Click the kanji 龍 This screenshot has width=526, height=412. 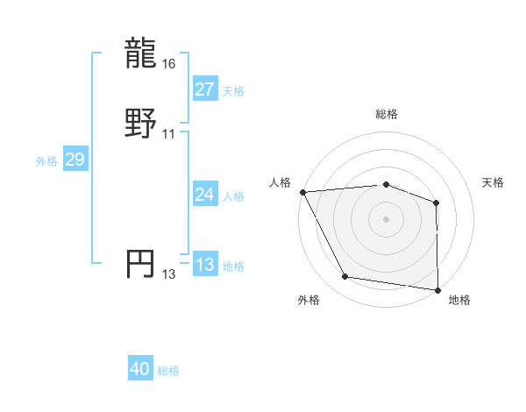pyautogui.click(x=141, y=54)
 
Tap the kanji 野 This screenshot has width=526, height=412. pyautogui.click(x=141, y=124)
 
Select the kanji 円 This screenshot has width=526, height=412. pyautogui.click(x=141, y=264)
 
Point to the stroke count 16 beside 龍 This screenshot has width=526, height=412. pyautogui.click(x=169, y=64)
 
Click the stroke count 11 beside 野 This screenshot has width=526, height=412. pyautogui.click(x=169, y=133)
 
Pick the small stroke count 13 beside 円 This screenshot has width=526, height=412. pyautogui.click(x=169, y=273)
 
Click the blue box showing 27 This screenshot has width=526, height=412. pyautogui.click(x=204, y=89)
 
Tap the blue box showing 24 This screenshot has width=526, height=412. pyautogui.click(x=204, y=195)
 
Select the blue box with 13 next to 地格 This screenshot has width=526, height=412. pyautogui.click(x=204, y=265)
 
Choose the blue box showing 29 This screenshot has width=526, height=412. pyautogui.click(x=75, y=160)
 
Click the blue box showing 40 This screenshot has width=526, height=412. pyautogui.click(x=140, y=370)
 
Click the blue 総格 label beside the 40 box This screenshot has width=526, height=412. pyautogui.click(x=168, y=371)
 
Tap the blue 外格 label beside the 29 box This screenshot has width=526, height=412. pyautogui.click(x=46, y=160)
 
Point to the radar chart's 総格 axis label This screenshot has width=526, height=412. pyautogui.click(x=387, y=114)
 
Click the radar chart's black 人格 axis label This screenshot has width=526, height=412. pyautogui.click(x=281, y=182)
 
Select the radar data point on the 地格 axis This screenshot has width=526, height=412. pyautogui.click(x=437, y=290)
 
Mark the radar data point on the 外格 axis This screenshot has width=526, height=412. pyautogui.click(x=345, y=277)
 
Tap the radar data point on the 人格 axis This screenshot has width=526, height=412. pyautogui.click(x=302, y=192)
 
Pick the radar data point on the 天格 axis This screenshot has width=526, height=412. pyautogui.click(x=436, y=202)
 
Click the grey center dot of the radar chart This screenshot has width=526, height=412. pyautogui.click(x=387, y=219)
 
